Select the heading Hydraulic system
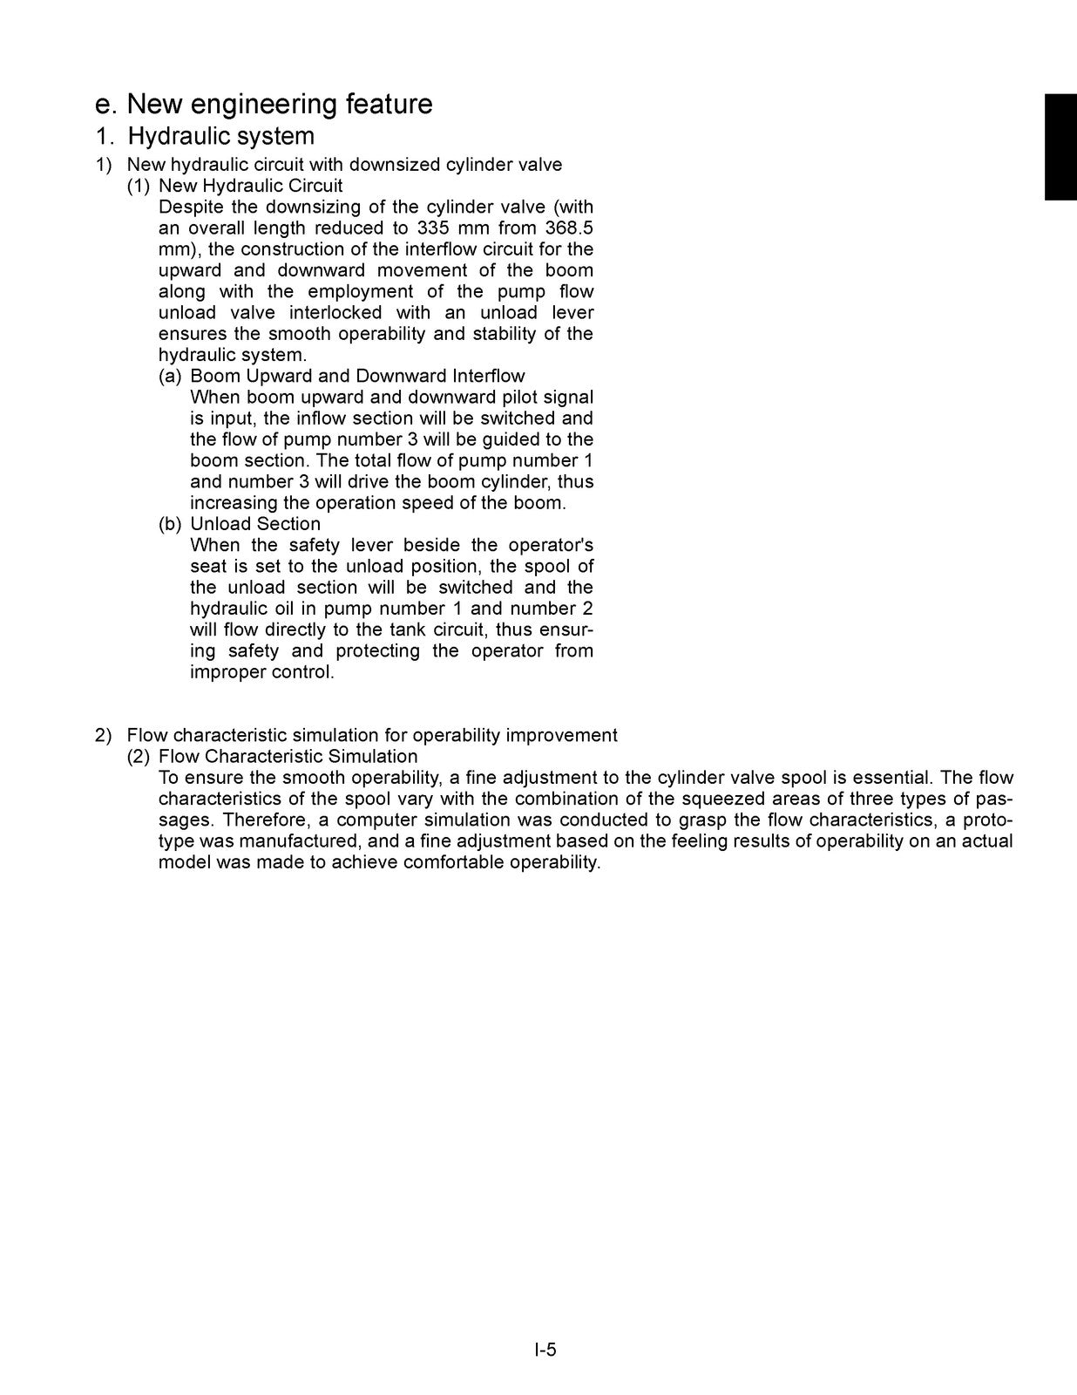(x=221, y=137)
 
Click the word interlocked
(x=335, y=313)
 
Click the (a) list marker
(x=170, y=377)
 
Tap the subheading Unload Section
(x=255, y=524)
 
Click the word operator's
(x=551, y=546)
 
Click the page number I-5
(x=545, y=1351)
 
